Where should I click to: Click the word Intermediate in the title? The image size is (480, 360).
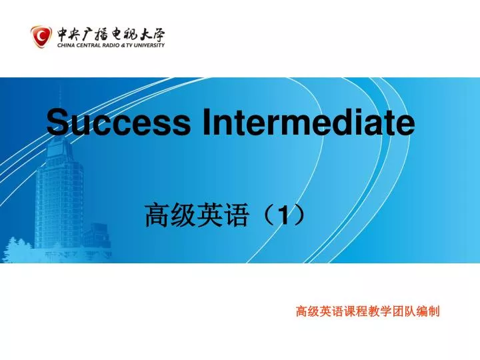tap(303, 123)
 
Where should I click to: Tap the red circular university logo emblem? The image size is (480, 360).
tap(41, 36)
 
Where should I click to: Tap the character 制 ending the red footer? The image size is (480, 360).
tap(434, 311)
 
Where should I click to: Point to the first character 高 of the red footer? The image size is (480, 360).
tap(301, 311)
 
